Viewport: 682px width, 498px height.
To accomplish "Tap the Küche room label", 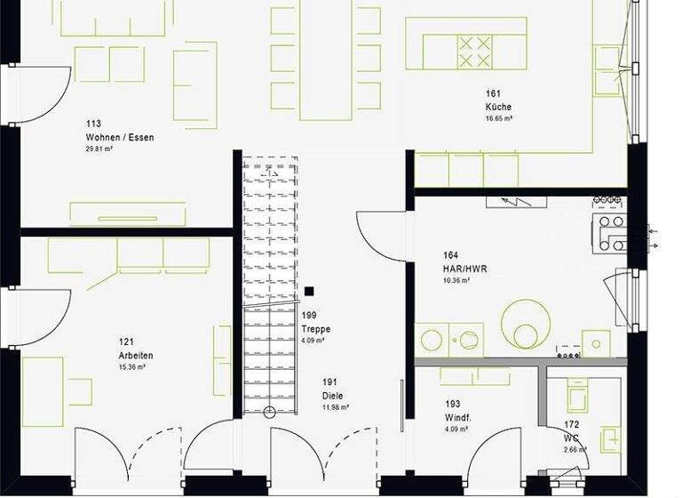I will (x=498, y=107).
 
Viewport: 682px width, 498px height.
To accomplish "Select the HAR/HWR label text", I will (x=464, y=268).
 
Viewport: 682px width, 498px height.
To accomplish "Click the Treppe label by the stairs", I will (x=315, y=328).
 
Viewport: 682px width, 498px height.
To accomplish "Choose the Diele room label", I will (x=333, y=396).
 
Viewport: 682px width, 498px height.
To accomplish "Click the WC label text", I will (x=571, y=438).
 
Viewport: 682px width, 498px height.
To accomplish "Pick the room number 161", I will (x=493, y=93).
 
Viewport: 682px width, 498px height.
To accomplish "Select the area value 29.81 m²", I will (x=99, y=149).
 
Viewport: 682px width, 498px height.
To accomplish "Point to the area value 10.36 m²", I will (x=456, y=280).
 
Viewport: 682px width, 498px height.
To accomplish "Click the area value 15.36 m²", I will (x=131, y=366).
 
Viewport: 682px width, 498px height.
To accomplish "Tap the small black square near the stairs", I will (x=309, y=291).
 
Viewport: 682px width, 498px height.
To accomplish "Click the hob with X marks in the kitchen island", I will (x=474, y=51).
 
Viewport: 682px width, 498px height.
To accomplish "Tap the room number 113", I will (x=92, y=124).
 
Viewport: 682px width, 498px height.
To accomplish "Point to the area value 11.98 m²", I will (x=336, y=407).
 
